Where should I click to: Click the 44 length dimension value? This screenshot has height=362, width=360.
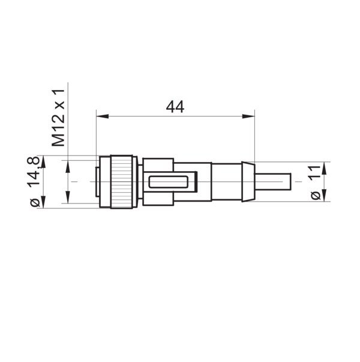[175, 107]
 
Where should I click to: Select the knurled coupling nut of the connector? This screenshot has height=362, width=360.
[122, 181]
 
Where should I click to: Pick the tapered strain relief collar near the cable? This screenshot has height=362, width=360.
[247, 181]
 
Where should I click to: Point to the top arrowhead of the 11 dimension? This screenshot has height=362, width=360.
[324, 165]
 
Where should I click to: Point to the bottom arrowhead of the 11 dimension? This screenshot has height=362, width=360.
[324, 198]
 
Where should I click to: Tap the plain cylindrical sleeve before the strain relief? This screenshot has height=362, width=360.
[226, 181]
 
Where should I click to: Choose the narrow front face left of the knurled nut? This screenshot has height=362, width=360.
[97, 181]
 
